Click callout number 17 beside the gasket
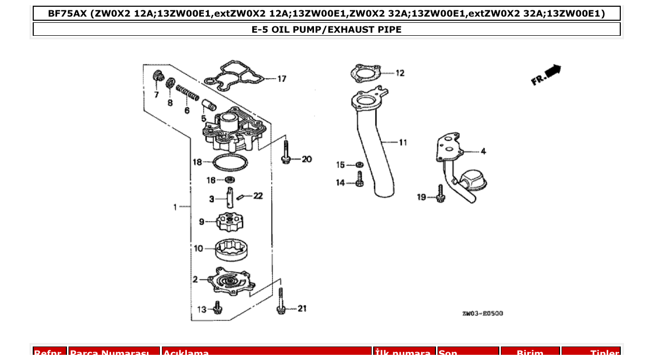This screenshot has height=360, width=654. (281, 79)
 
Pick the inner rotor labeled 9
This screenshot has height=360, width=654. (229, 223)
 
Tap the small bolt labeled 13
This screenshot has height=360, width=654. (218, 309)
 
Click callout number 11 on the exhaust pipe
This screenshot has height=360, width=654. (403, 142)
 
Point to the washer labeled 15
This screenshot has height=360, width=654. (359, 165)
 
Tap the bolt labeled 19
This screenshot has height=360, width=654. (441, 194)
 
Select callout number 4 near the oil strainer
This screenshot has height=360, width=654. (483, 151)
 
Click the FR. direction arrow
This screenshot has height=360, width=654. (547, 75)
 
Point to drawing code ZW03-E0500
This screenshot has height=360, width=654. (482, 314)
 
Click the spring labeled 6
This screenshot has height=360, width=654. (187, 94)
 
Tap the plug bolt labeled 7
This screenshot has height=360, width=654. (157, 77)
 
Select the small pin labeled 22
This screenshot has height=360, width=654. (241, 197)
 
